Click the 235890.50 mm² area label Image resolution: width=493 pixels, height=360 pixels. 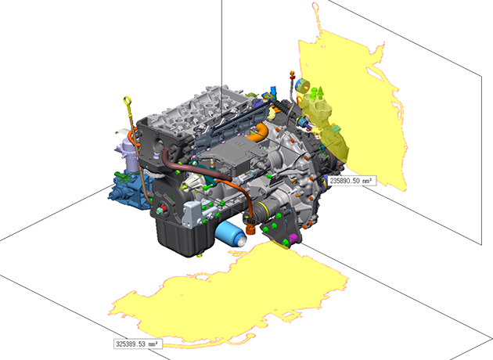[352, 181]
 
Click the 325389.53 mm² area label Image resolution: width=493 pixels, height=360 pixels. [138, 344]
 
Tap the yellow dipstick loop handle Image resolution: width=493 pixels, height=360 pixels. [128, 102]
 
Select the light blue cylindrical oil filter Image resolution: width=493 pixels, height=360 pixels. [231, 233]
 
